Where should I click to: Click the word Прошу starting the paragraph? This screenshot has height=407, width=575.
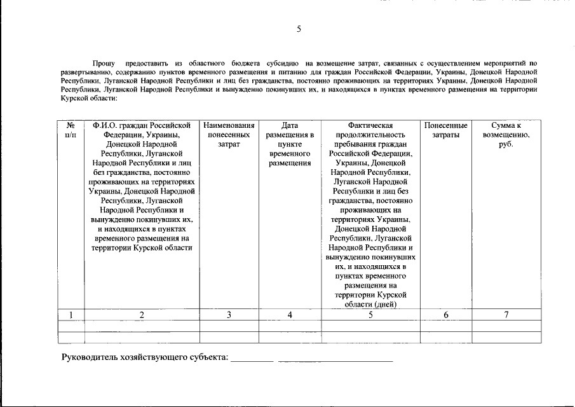pos(104,64)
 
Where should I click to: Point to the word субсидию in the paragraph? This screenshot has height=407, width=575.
pos(281,64)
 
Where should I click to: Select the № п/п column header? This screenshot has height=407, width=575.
pos(71,130)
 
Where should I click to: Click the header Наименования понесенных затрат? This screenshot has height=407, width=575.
pos(229,135)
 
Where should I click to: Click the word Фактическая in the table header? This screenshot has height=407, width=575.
pos(370,125)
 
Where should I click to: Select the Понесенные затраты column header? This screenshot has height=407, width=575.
pos(445,130)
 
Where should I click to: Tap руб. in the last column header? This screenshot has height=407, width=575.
pos(506,144)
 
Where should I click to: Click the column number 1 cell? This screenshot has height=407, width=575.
pos(71,315)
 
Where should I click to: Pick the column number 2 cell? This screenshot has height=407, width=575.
pos(142,315)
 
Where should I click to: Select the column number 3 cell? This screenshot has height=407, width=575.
pos(229,315)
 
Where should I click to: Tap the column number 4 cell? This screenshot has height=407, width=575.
pos(289,315)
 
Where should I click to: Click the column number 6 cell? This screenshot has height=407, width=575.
pos(445,315)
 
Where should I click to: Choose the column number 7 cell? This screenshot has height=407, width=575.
pos(506,315)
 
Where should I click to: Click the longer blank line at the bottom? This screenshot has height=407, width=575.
pos(335,360)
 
